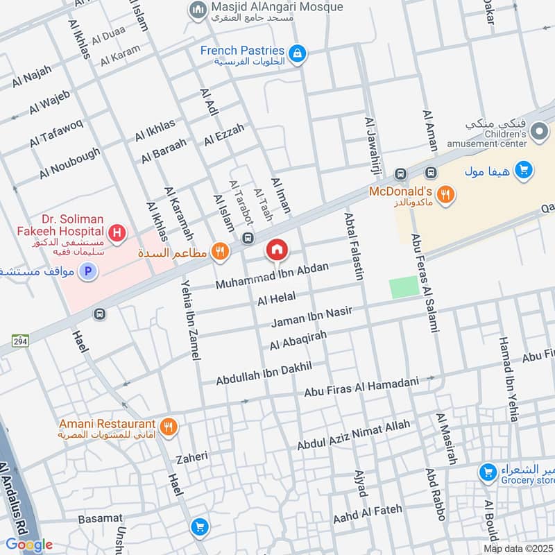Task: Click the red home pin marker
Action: pos(277,250)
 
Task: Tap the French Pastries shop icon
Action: pos(298,53)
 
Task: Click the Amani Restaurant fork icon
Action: pos(167,426)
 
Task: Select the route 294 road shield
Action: pos(19,340)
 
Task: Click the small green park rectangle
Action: pos(404,287)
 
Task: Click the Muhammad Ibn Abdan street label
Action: pos(272,275)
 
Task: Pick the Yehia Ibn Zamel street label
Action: pos(189,320)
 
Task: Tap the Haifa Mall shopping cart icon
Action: pos(524,169)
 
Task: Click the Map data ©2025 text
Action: pos(518,548)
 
